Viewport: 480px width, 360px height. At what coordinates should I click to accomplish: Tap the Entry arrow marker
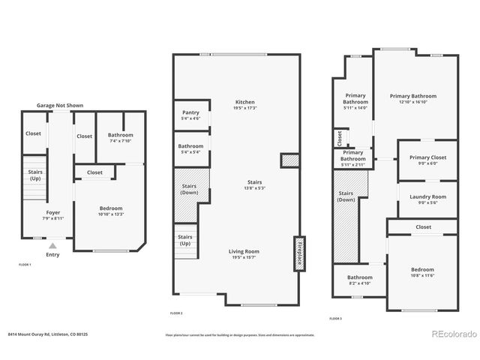(x=52, y=245)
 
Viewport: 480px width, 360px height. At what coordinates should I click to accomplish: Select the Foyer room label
(x=53, y=212)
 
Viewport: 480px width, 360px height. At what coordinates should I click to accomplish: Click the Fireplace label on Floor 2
(x=298, y=253)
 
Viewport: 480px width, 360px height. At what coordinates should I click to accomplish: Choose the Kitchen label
(x=245, y=102)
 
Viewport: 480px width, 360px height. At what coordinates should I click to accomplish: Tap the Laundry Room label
(x=427, y=196)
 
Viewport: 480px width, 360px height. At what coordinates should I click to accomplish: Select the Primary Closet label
(x=427, y=157)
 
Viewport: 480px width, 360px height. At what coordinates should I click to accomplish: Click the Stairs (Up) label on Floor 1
(x=34, y=175)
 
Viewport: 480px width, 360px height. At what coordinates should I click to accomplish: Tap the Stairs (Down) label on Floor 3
(x=346, y=196)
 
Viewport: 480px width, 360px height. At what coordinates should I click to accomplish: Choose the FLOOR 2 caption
(x=176, y=312)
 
